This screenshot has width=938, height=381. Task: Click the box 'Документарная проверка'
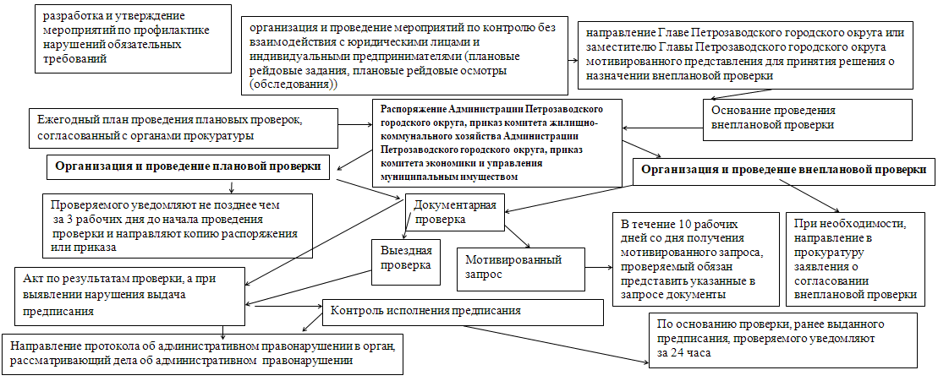456,211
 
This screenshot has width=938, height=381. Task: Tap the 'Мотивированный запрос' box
521,267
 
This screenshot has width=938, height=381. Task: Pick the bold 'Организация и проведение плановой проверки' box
188,168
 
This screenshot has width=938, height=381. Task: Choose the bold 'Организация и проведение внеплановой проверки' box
783,169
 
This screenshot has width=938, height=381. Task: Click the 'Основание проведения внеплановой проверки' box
808,117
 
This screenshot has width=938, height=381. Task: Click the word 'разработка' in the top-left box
77,15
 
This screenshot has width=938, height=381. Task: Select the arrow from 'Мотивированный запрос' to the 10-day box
599,267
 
